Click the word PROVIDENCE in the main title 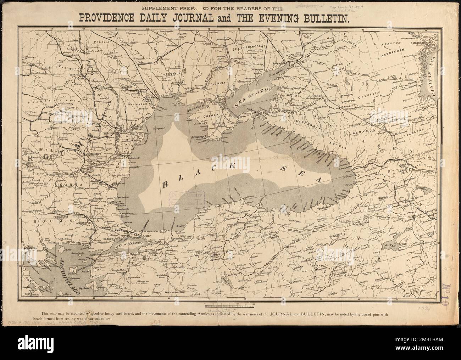click(x=114, y=19)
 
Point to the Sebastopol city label click(x=201, y=136)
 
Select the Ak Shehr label click(x=195, y=294)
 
